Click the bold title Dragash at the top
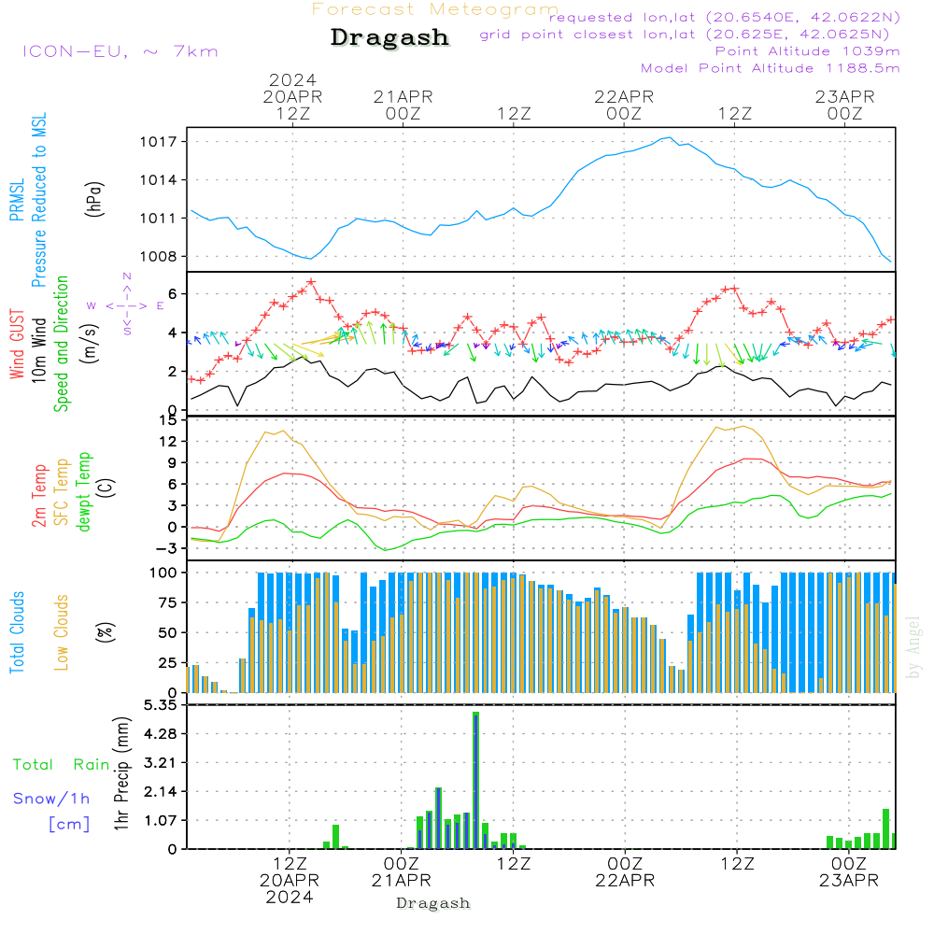coord(389,38)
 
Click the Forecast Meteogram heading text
coord(435,9)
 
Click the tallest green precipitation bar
coord(475,780)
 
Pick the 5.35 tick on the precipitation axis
coord(163,705)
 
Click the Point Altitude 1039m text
coord(807,51)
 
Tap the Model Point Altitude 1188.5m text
coord(770,68)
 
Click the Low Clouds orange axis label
coord(62,631)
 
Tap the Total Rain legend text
coord(61,765)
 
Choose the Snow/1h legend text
coord(51,799)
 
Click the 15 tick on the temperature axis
coord(168,420)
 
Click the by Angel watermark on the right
coord(914,646)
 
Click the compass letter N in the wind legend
coord(127,276)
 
